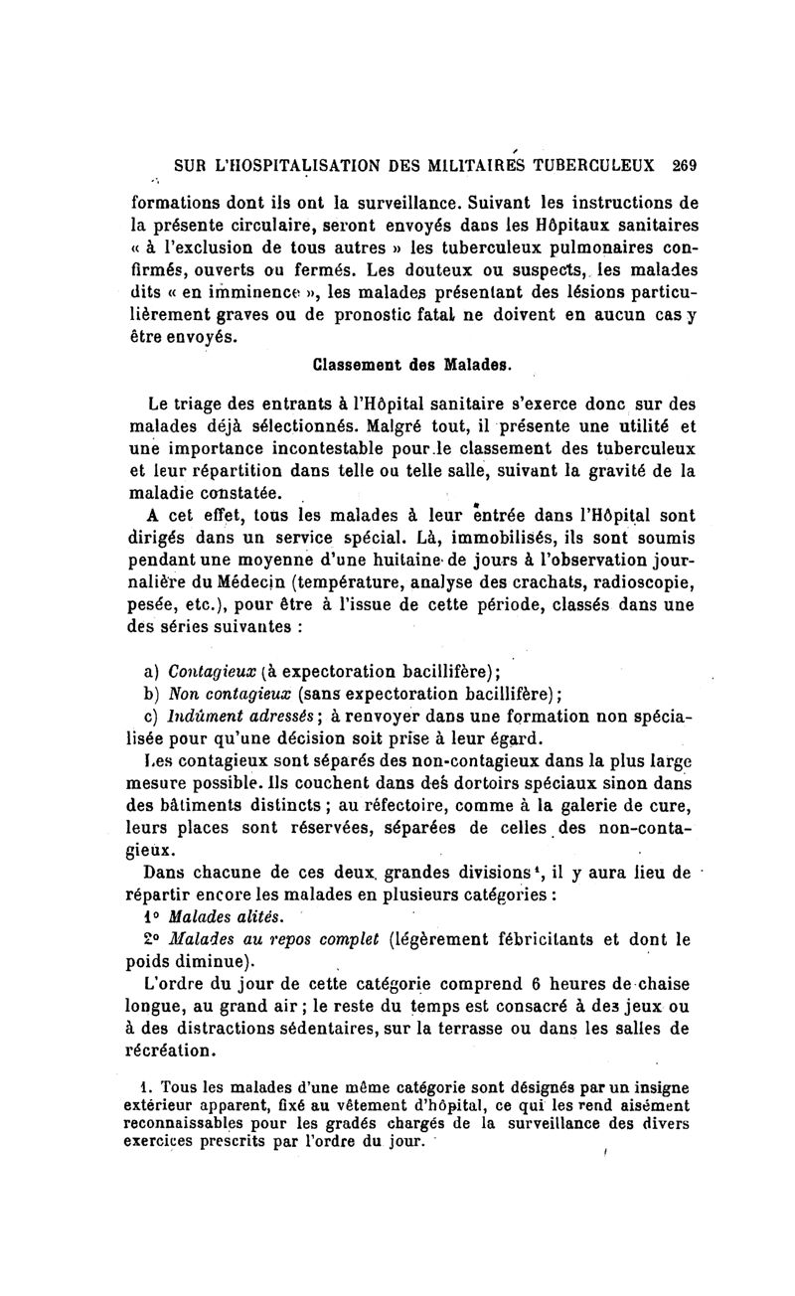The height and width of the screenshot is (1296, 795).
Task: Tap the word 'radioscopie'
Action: pos(631,584)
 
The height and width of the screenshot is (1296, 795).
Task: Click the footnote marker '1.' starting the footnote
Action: pos(145,1086)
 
